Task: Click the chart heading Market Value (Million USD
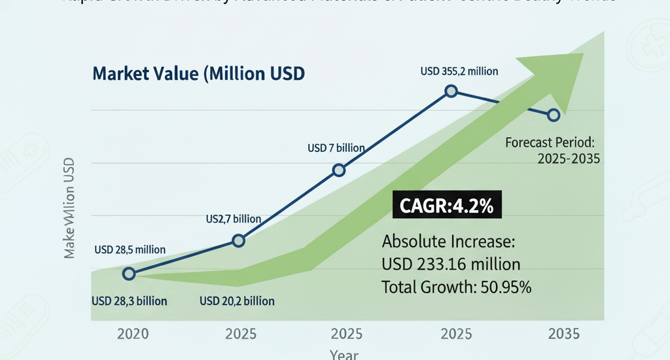[x=199, y=73]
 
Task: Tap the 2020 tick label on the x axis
[x=133, y=334]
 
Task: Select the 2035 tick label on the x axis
[x=563, y=334]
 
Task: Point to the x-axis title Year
[x=344, y=355]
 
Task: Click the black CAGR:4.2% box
[x=446, y=207]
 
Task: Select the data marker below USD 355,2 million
[x=451, y=91]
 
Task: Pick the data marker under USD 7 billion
[x=339, y=170]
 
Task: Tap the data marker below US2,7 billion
[x=239, y=241]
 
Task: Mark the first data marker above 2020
[x=129, y=274]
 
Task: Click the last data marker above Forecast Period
[x=554, y=115]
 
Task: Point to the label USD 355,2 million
[x=459, y=71]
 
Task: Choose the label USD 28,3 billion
[x=130, y=301]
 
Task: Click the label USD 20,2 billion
[x=237, y=301]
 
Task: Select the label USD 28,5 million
[x=130, y=249]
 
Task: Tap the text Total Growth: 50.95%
[x=456, y=287]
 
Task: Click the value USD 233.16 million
[x=451, y=264]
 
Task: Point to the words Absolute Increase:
[x=449, y=242]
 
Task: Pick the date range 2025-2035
[x=568, y=158]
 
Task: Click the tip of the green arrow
[x=581, y=55]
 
